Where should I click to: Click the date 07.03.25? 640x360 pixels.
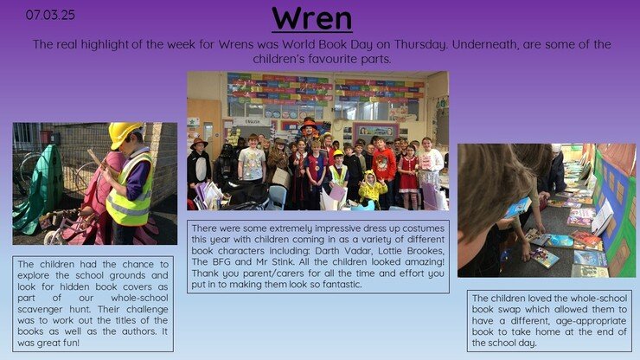tap(50, 15)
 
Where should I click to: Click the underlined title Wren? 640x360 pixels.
tap(312, 19)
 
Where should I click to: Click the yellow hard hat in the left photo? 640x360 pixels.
tap(124, 134)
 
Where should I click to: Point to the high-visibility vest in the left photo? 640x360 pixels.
tap(130, 190)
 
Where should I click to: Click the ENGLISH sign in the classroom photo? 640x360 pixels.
tap(253, 122)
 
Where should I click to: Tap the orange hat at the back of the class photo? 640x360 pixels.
tap(308, 124)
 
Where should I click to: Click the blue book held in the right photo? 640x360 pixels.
tap(518, 207)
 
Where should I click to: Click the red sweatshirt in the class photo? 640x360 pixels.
tap(385, 164)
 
